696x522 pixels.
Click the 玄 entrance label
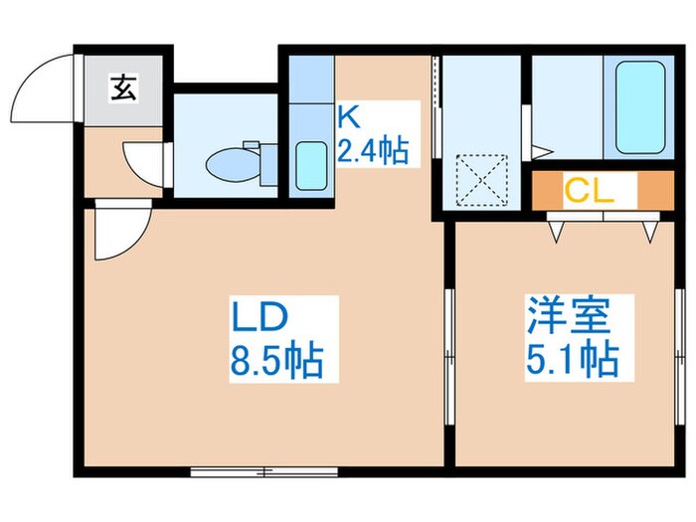[x=124, y=88]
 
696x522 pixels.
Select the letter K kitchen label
[x=346, y=117]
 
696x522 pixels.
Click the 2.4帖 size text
[x=372, y=150]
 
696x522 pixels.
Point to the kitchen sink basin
[x=312, y=164]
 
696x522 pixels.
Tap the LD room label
[x=260, y=318]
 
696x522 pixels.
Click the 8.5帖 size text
[x=277, y=361]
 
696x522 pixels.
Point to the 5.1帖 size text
[x=572, y=358]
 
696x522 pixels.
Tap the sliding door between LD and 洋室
[x=449, y=343]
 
